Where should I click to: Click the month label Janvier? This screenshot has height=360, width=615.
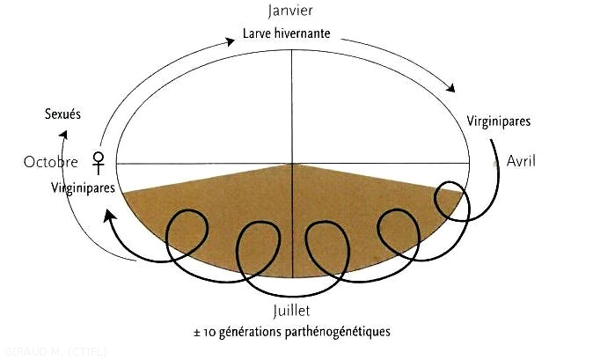tap(290, 12)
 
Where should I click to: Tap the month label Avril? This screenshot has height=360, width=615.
tap(521, 161)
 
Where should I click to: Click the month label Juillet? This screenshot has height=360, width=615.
tap(292, 311)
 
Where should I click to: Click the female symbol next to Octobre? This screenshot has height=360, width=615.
tap(99, 161)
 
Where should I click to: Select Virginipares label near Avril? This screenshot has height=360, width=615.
tap(499, 121)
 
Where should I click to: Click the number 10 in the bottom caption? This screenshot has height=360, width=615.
tap(211, 333)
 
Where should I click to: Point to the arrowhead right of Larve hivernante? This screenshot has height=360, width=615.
tap(454, 89)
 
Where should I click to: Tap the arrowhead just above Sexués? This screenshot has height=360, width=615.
tap(63, 133)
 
